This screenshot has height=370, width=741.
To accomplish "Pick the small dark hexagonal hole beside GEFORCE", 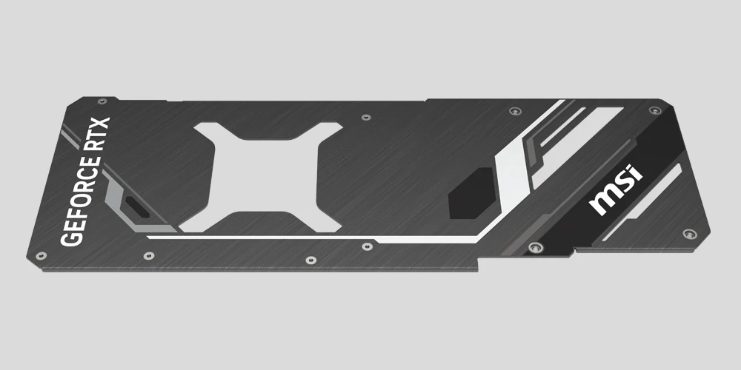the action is (x=136, y=208).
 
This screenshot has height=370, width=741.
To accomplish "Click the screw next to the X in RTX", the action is (x=101, y=101).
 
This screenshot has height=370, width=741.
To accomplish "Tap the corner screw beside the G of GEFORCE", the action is (x=41, y=255).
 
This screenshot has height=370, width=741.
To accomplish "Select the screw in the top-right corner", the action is (x=654, y=110).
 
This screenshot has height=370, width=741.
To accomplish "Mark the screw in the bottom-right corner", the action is (x=689, y=233).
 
